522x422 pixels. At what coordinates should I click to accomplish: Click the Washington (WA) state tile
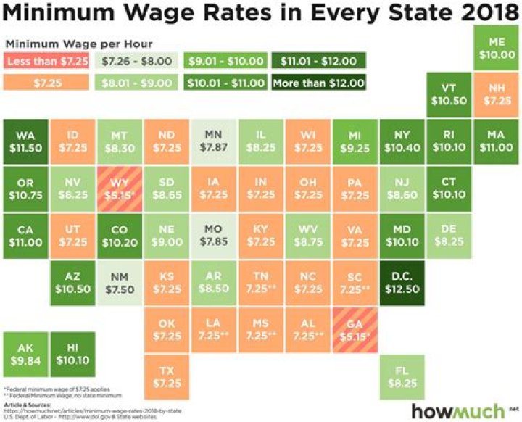[26, 141]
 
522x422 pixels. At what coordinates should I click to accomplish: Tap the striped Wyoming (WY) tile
[120, 189]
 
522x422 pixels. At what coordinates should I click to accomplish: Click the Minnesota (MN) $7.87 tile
[215, 141]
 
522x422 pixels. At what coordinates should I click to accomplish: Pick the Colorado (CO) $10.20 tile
[120, 236]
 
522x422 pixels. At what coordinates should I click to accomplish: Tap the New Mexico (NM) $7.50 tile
[120, 283]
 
